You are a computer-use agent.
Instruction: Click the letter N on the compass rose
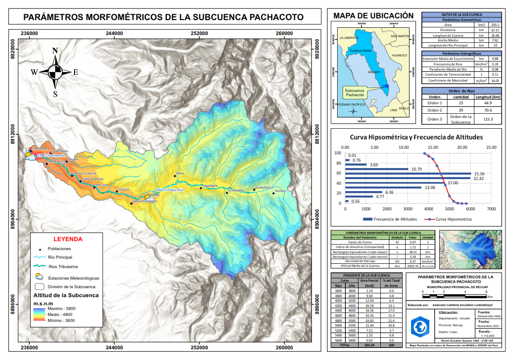[55, 51]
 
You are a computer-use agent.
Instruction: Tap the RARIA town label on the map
[180, 174]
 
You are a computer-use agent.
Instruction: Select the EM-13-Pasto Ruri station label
[170, 189]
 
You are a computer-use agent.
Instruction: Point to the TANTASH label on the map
[280, 191]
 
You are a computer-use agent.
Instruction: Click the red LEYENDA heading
[67, 239]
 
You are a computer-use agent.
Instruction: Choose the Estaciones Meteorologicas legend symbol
[39, 276]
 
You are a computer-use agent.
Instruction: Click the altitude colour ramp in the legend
[39, 314]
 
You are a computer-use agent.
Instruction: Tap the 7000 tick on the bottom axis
[491, 209]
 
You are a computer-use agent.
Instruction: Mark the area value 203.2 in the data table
[494, 25]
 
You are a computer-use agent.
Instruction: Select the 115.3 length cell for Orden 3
[489, 119]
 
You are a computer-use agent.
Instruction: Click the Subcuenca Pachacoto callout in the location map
[355, 92]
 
